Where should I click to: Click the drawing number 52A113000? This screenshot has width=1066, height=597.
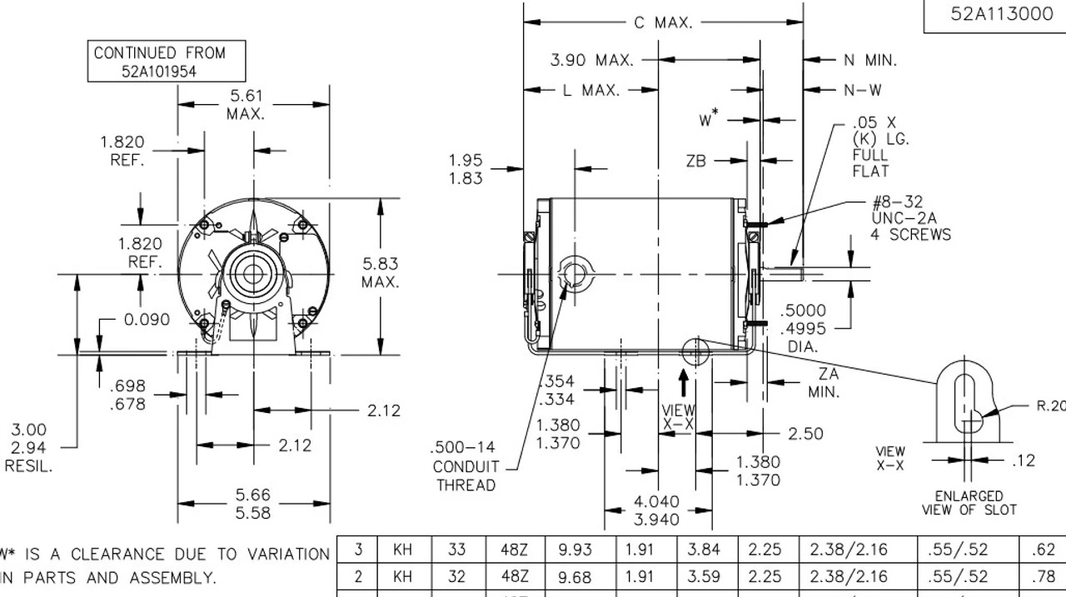[1001, 14]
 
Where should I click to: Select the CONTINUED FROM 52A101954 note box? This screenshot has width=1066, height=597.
[159, 62]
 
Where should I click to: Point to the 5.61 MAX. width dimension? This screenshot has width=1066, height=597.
[246, 105]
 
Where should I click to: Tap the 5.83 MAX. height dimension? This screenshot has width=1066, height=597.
[380, 272]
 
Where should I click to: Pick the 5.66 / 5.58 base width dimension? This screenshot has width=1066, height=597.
[252, 505]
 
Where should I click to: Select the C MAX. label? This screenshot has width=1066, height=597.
[663, 22]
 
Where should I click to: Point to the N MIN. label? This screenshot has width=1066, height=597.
[870, 60]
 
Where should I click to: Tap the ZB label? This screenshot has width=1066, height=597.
[695, 162]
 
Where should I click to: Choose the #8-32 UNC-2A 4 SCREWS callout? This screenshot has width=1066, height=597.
[910, 219]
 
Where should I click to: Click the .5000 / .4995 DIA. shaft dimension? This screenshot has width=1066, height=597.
[803, 328]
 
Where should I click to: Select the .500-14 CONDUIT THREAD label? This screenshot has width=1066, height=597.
[466, 467]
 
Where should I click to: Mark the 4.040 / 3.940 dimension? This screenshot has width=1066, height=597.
[657, 510]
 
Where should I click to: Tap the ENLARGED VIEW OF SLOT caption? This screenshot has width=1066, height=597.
[969, 502]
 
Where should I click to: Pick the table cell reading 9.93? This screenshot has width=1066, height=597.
[575, 550]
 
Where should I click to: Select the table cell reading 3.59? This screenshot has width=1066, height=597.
[704, 576]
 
